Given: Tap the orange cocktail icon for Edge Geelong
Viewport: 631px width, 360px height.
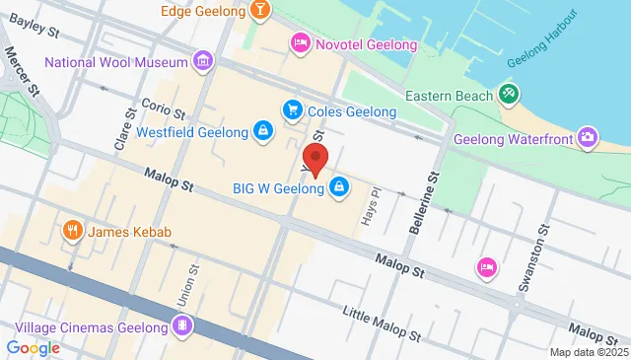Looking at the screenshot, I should click(x=259, y=11).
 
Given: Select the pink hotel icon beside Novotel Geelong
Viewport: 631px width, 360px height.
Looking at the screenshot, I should click(x=299, y=42).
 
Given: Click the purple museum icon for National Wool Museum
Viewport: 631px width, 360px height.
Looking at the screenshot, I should click(x=202, y=62).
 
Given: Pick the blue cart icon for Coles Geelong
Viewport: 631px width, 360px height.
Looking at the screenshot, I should click(x=291, y=111).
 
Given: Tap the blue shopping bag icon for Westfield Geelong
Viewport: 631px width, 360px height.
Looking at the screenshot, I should click(x=262, y=131).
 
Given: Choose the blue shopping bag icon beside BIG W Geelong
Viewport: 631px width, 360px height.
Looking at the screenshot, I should click(x=338, y=186).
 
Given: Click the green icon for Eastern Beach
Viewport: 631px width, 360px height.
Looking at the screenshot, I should click(x=509, y=95).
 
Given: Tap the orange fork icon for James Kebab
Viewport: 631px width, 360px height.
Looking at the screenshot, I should click(x=72, y=232).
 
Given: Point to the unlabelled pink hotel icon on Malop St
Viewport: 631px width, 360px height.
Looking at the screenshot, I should click(x=485, y=266).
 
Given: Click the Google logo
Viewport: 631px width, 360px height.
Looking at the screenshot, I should click(x=33, y=347).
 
